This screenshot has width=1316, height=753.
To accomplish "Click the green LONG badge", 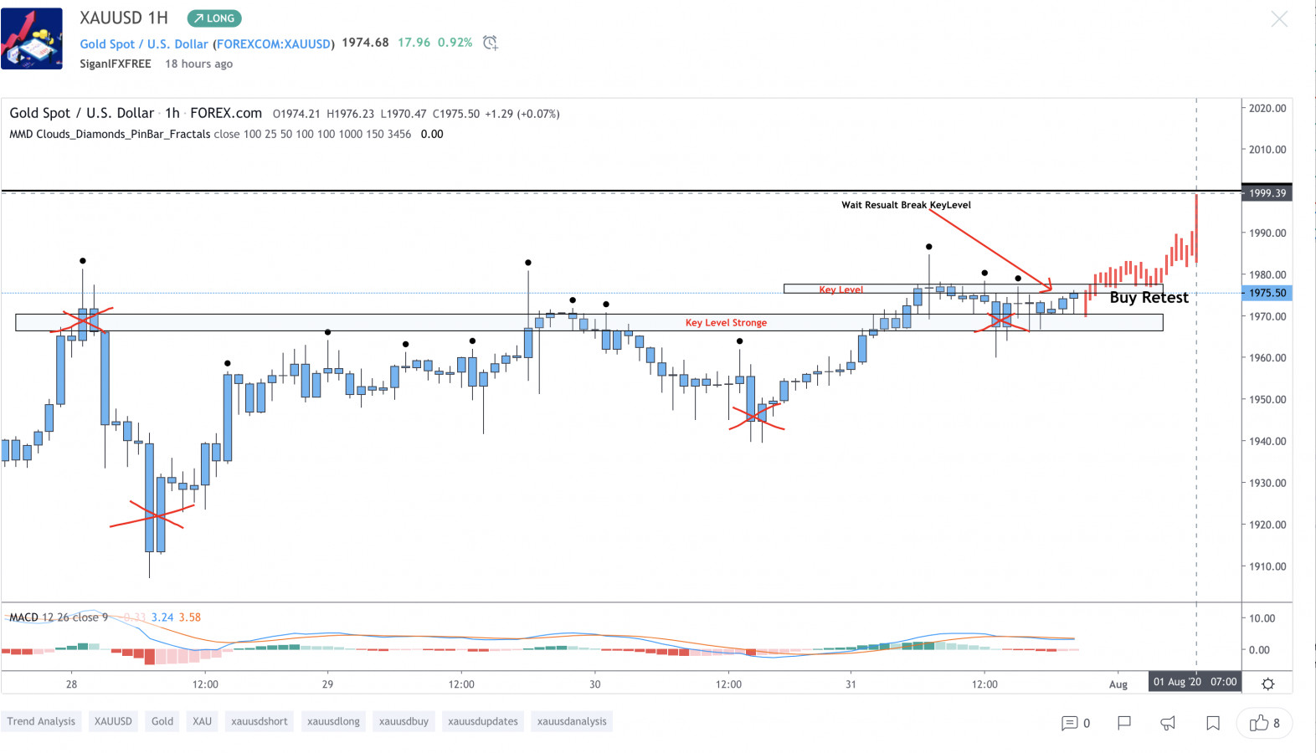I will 214,18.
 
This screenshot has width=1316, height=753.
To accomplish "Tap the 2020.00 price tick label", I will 1267,108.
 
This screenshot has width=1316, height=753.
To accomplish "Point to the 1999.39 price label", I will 1267,193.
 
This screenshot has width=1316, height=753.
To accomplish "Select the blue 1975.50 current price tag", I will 1267,293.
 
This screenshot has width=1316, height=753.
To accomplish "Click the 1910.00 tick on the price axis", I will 1267,566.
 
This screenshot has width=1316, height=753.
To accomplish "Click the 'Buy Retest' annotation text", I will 1149,298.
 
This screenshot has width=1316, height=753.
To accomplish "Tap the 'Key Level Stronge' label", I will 726,323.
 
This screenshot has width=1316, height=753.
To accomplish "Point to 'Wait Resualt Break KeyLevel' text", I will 906,205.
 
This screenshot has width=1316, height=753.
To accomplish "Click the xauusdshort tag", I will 260,721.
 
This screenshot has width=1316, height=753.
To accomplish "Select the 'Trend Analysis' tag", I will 41,721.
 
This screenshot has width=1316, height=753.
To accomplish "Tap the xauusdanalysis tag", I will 572,721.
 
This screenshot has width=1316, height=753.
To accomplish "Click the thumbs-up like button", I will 1264,723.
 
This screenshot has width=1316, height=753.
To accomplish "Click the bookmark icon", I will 1213,723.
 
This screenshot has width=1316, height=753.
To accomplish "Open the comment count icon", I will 1075,723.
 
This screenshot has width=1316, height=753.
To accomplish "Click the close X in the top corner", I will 1279,19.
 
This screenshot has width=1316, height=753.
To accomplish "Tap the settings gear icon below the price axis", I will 1268,684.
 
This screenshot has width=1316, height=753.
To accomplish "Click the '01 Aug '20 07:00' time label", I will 1195,682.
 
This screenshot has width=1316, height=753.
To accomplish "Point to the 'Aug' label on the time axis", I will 1118,684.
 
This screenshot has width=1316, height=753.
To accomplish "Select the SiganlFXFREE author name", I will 116,64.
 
